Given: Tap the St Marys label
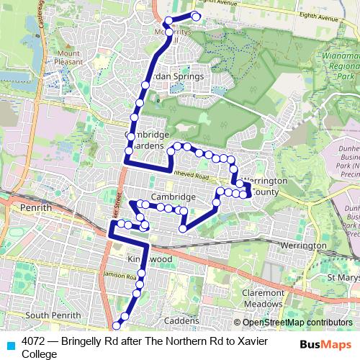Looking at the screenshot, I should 342,278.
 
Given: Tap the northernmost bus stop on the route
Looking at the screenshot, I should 195,16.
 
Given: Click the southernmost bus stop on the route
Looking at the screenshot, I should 117,326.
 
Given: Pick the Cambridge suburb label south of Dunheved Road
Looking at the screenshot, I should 174,197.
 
